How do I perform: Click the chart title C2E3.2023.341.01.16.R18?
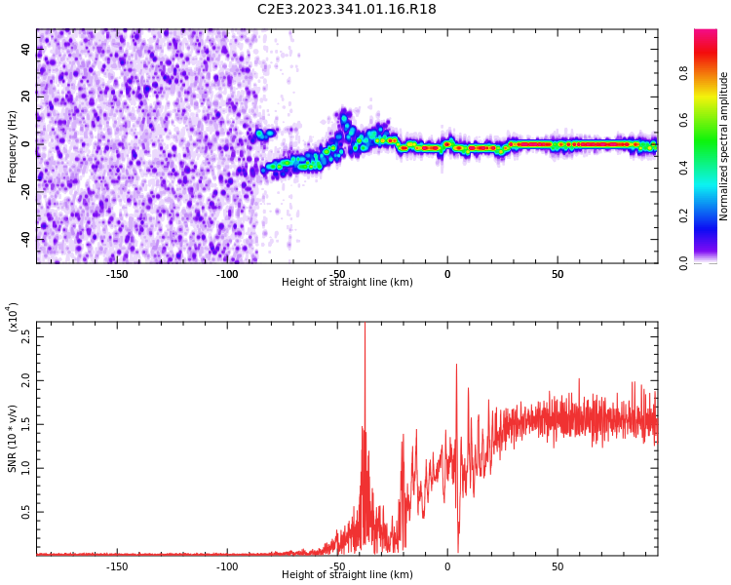tap(347, 10)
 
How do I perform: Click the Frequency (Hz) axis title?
tap(13, 145)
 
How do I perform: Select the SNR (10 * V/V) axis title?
tap(13, 438)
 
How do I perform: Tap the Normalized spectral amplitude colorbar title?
tap(724, 145)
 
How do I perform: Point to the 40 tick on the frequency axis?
tap(26, 50)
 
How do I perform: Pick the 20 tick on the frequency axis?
tap(26, 97)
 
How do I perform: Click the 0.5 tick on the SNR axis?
tap(26, 511)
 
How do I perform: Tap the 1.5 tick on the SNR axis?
tap(26, 423)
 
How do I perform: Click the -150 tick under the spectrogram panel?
tap(117, 274)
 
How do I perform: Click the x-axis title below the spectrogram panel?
tap(347, 283)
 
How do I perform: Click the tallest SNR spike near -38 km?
tap(365, 325)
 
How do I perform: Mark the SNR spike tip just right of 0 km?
tap(456, 366)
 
